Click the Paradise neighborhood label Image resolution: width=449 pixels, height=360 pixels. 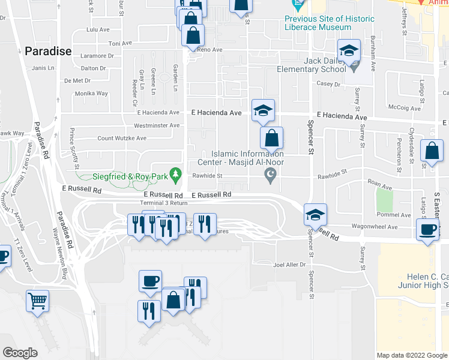pos(48,51)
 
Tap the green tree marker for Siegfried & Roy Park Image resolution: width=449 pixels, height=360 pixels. pos(176,175)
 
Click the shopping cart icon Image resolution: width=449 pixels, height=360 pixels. pos(37,299)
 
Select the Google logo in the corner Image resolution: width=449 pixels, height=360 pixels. pos(20,353)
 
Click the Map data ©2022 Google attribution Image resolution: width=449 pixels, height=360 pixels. pos(412,355)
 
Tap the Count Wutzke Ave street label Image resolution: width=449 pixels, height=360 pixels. pos(122,138)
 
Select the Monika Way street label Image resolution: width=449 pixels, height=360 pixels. pos(91,94)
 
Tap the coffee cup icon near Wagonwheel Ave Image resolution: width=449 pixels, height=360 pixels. pos(428,229)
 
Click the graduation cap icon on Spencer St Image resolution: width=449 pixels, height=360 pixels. pos(315,214)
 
